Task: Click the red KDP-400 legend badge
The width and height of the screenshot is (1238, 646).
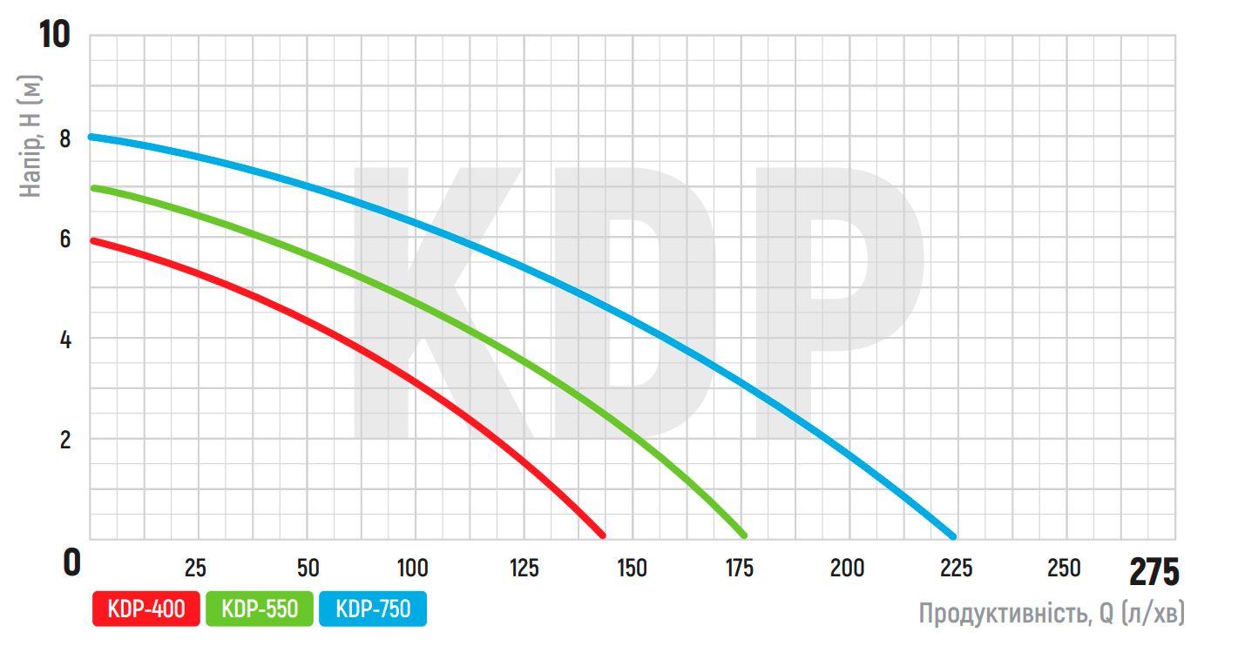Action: pyautogui.click(x=146, y=609)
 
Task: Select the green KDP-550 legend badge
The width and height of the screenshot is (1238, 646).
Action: pyautogui.click(x=260, y=609)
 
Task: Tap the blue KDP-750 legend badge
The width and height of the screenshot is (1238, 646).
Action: pyautogui.click(x=373, y=609)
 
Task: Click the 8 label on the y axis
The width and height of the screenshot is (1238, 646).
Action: pyautogui.click(x=66, y=137)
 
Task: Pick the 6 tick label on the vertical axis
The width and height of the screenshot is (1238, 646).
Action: pyautogui.click(x=66, y=238)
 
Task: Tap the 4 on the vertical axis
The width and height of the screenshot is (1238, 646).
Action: pyautogui.click(x=66, y=339)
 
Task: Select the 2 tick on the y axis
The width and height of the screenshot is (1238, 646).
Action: pyautogui.click(x=66, y=440)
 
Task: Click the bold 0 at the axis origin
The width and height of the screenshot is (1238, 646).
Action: pyautogui.click(x=72, y=562)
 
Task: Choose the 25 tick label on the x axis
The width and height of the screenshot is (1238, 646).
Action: pyautogui.click(x=196, y=569)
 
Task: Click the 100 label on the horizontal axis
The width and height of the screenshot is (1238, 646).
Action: pyautogui.click(x=412, y=569)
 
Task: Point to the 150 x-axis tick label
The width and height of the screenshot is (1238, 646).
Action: pyautogui.click(x=631, y=569)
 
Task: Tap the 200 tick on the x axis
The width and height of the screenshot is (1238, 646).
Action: pyautogui.click(x=847, y=569)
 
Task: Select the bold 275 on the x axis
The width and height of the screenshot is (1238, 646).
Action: pyautogui.click(x=1153, y=572)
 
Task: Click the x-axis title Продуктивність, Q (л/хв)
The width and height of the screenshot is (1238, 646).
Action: pyautogui.click(x=1052, y=614)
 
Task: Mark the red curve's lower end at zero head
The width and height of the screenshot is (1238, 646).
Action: pyautogui.click(x=602, y=535)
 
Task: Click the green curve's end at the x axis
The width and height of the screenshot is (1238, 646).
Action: pyautogui.click(x=744, y=535)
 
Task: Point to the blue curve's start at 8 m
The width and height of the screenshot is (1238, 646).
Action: pyautogui.click(x=91, y=137)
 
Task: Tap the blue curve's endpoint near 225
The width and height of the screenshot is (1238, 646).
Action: pyautogui.click(x=953, y=535)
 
